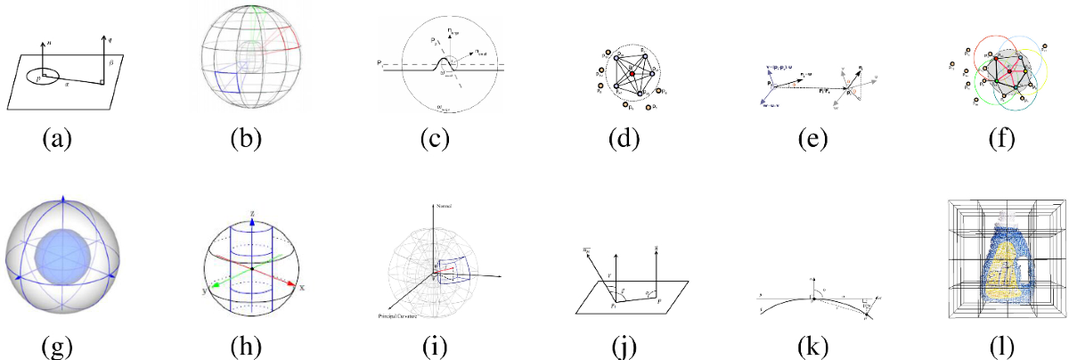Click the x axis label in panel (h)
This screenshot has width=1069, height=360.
(302, 289)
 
